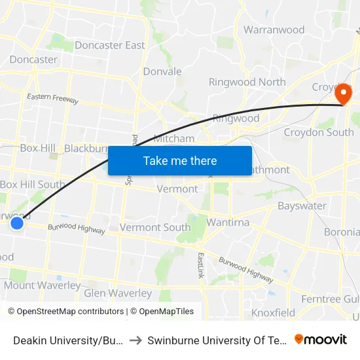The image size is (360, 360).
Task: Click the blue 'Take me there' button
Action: pos(180,160)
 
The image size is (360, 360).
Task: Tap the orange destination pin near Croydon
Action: pos(342,95)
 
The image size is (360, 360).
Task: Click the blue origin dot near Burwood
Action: pos(17,223)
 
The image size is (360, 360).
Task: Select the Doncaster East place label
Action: pos(110,45)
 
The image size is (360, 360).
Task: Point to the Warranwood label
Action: pos(274,29)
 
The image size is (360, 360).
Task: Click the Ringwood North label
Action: pos(247,82)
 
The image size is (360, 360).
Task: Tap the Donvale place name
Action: pos(162,71)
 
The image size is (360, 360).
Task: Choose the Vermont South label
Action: pos(155,228)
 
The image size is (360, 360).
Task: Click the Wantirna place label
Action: pos(228,223)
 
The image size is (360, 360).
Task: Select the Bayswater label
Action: pos(302,206)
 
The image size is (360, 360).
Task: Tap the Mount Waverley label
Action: pos(43,285)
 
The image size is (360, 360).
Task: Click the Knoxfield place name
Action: pos(273,312)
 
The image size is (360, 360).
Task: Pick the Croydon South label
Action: pos(319,132)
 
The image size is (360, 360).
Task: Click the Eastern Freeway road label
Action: pos(52,99)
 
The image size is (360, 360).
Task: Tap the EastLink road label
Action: pos(201,266)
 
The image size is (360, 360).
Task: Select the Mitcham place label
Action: pos(173,138)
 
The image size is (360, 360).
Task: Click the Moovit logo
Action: pos(321,339)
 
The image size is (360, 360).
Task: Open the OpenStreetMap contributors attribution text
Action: pos(65,312)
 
